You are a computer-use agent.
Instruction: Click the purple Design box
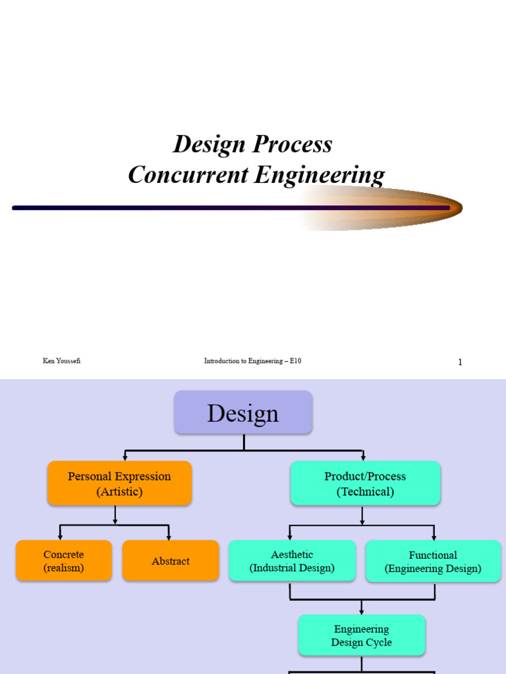tap(243, 413)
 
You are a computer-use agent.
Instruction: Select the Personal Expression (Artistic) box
tap(119, 484)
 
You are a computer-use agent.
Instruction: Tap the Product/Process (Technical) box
tap(365, 484)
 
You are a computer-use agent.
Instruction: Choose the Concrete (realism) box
tap(64, 561)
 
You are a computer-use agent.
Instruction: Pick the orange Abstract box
tap(171, 561)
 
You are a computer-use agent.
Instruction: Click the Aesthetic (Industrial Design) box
tap(292, 561)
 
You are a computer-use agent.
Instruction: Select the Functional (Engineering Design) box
tap(433, 561)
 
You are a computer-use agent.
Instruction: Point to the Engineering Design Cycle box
tap(361, 635)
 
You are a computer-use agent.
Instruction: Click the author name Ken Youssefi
tap(62, 361)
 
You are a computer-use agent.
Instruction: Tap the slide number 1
tap(460, 362)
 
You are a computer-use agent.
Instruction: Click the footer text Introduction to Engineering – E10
tap(252, 361)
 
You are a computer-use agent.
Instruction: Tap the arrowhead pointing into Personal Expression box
tap(125, 457)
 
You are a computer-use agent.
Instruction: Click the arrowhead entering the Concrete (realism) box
tap(60, 537)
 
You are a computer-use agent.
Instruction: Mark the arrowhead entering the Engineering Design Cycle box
tap(361, 611)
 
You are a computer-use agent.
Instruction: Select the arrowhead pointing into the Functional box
tap(434, 537)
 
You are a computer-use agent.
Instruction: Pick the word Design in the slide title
tap(209, 144)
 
